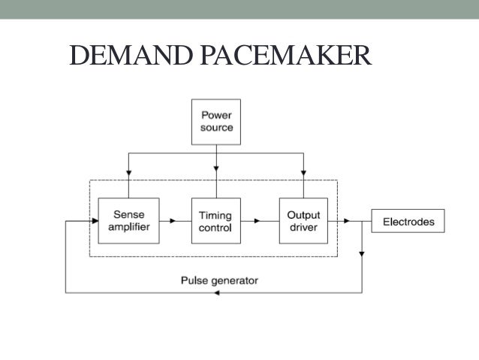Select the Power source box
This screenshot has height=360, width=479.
tap(216, 122)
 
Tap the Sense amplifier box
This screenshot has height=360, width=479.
tap(128, 221)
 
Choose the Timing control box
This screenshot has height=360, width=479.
tap(215, 221)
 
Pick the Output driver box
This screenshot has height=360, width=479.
tap(303, 221)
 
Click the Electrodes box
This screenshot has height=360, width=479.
tap(408, 222)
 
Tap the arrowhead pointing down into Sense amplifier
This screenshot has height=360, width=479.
tap(128, 172)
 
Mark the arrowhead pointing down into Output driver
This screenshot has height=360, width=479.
tap(303, 172)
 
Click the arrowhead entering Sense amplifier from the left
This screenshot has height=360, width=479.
tap(95, 222)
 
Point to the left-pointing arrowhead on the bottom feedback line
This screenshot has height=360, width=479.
tap(218, 292)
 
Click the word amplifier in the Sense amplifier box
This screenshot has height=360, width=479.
tap(128, 227)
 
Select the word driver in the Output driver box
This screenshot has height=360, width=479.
tap(303, 227)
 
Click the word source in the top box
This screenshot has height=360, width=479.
tap(216, 128)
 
